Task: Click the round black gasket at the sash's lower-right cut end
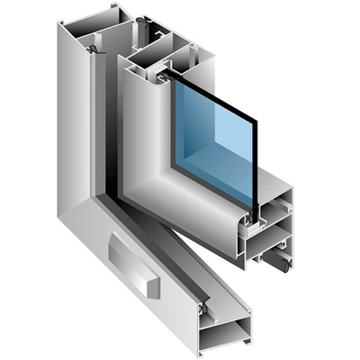tap(285, 264)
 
